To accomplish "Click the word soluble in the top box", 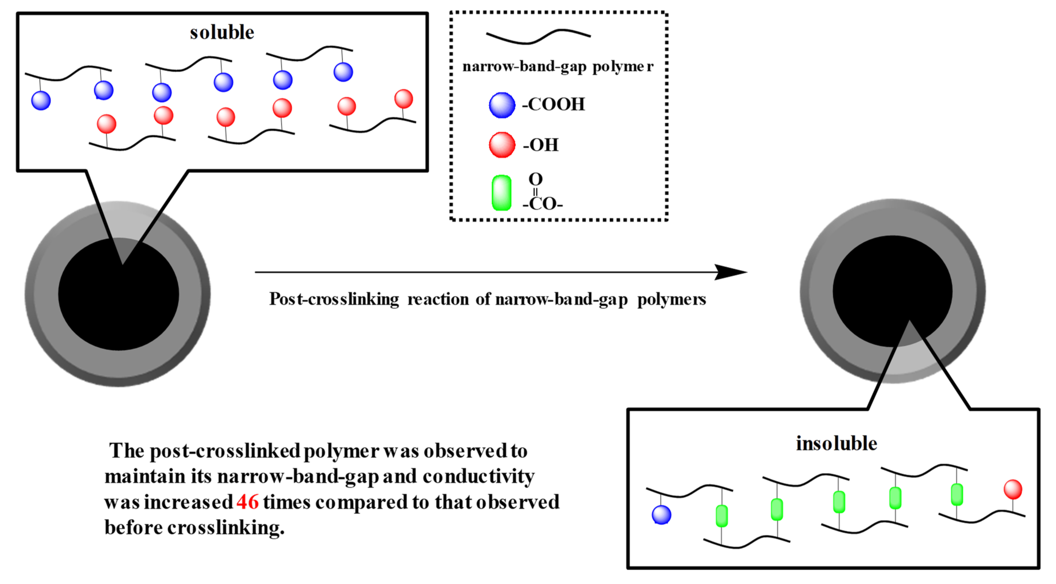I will point(222,32).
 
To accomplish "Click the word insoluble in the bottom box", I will point(836,444).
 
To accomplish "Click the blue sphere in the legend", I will point(502,105).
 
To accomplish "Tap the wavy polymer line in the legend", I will point(538,36).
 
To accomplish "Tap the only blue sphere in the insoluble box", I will point(661,515).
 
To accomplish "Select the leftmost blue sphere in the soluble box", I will point(41,100).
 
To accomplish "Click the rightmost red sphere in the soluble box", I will point(403,99).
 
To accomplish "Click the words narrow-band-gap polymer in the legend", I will point(558,66).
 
